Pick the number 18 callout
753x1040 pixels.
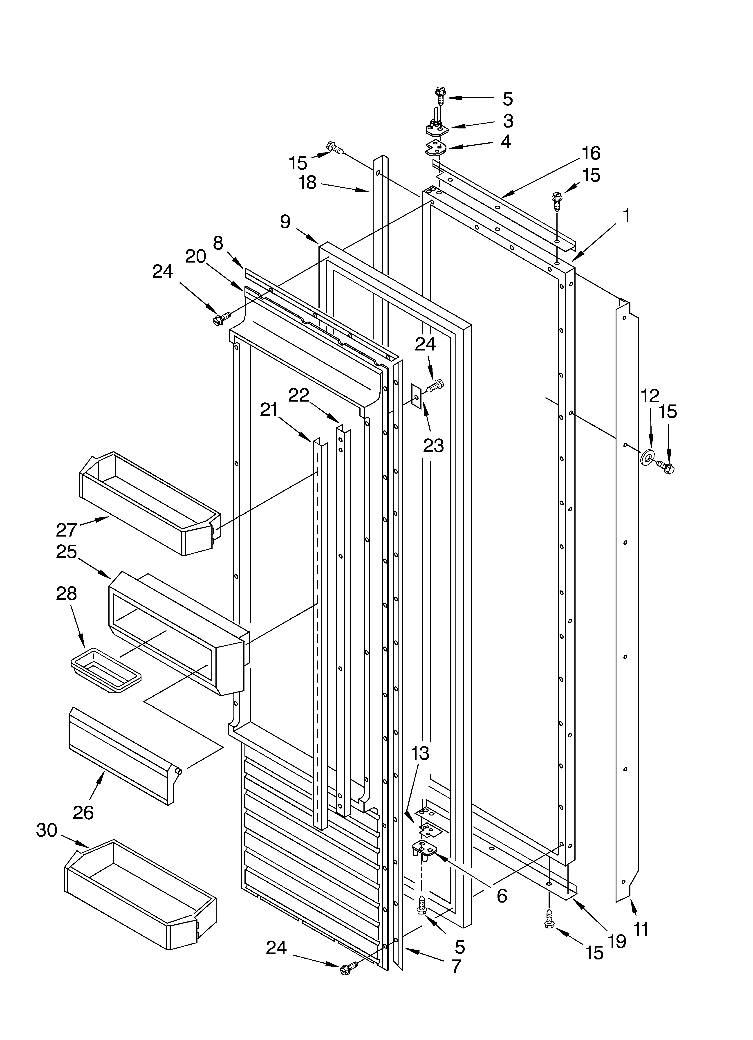pos(307,182)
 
